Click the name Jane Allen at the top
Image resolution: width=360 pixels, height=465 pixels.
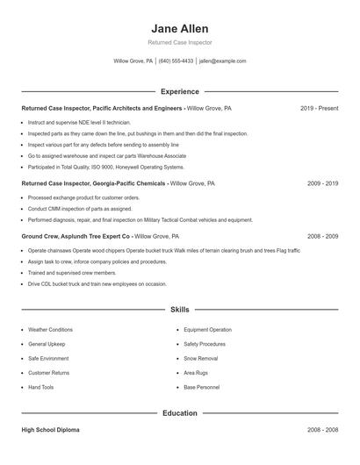point(179,28)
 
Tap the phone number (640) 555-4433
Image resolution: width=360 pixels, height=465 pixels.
point(176,61)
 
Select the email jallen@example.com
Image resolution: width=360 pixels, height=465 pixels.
point(222,61)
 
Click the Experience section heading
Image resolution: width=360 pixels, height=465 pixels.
point(179,91)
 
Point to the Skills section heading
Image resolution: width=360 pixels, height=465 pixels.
point(179,310)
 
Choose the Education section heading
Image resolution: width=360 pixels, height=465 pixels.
point(179,413)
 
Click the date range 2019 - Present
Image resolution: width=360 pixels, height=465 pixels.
point(319,109)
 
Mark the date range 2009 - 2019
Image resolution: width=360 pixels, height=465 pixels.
point(322,184)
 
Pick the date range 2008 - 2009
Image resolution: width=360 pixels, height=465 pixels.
point(322,237)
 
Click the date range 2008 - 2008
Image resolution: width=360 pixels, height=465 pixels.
point(322,431)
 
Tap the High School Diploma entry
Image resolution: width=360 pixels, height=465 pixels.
point(51,431)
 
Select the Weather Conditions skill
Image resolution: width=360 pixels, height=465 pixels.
point(50,330)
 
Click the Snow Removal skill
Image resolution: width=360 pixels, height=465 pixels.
point(202,359)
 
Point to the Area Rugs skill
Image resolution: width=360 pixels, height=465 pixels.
point(196,373)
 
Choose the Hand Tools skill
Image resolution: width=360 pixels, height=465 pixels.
point(40,387)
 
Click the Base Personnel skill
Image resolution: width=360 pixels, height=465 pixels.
point(201,387)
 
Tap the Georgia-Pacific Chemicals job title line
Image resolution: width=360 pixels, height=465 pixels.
point(118,184)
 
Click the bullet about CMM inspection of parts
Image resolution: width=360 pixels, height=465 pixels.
point(80,209)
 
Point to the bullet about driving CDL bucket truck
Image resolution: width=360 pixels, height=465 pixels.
point(97,284)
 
